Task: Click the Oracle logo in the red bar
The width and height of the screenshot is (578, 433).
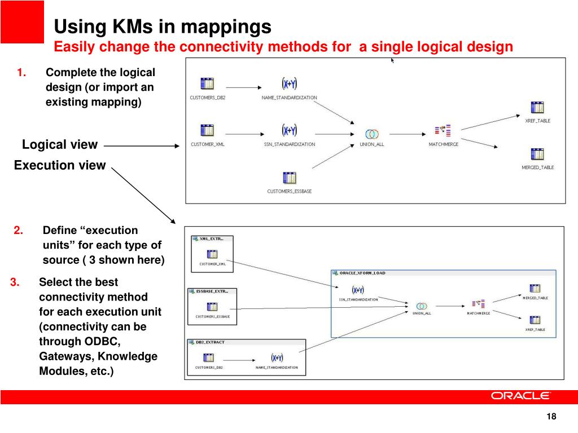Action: [x=520, y=396]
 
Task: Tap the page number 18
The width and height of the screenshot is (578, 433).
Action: [x=551, y=417]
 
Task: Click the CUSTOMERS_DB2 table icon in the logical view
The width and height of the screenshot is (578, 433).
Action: [x=207, y=84]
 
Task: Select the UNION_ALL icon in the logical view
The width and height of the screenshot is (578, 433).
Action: [x=371, y=134]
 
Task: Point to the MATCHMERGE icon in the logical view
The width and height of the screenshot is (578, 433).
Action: [x=443, y=131]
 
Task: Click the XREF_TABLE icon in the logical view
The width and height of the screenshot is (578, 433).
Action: [x=537, y=107]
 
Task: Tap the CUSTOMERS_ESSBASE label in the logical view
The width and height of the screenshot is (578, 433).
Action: [x=289, y=191]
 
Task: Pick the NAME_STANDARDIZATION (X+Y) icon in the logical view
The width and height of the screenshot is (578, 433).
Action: [x=290, y=84]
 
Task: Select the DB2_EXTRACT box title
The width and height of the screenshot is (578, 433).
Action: [x=211, y=342]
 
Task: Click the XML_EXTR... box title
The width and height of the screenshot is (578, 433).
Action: [x=214, y=238]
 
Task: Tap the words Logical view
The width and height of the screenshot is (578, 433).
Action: [x=60, y=145]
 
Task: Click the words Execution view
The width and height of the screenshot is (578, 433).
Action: [x=60, y=165]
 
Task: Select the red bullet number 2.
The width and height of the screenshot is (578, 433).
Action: [x=19, y=230]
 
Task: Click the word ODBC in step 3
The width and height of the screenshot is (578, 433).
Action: [x=100, y=342]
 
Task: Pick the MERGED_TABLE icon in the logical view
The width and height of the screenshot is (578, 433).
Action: [x=537, y=154]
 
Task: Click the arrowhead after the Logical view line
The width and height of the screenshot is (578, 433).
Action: [x=176, y=146]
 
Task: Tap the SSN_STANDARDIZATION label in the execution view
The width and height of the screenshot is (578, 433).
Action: [x=358, y=299]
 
